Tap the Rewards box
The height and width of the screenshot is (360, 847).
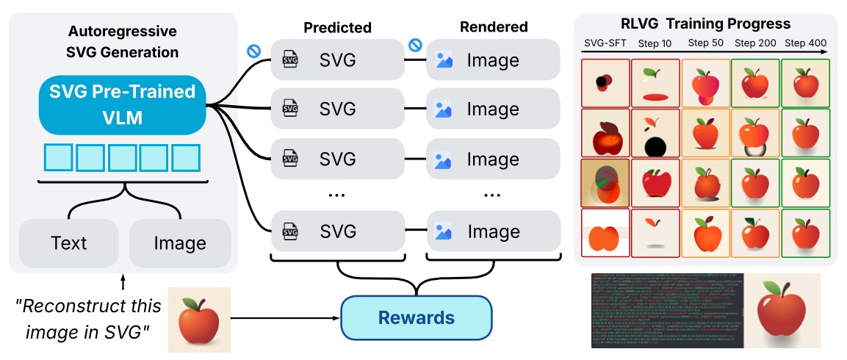pos(416,317)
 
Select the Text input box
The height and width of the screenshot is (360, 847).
pos(68,243)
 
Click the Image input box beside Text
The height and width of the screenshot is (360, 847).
pos(180,243)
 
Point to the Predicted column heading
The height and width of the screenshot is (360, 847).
pos(337,28)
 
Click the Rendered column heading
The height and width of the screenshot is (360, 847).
pos(494,27)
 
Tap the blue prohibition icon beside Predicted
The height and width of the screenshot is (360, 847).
pos(255,51)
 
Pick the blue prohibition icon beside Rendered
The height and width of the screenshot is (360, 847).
pos(415,46)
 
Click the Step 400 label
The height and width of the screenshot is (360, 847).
pos(805,43)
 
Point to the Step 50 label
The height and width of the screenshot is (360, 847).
pos(704,43)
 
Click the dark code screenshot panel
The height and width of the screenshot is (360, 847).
pos(667,311)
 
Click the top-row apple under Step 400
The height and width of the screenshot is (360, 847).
pos(805,83)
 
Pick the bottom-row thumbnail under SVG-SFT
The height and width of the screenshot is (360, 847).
pos(605,233)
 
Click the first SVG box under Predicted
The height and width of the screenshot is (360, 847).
pos(337,60)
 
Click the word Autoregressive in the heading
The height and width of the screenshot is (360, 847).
pos(123,32)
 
